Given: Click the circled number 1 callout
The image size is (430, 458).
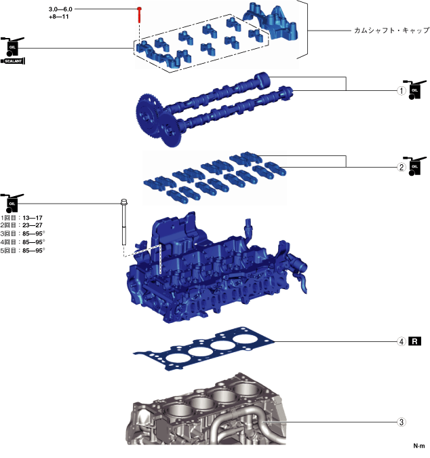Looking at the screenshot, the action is [402, 90].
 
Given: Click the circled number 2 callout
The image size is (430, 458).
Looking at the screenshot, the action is [402, 167].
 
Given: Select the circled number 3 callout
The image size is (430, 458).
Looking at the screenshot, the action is [402, 422].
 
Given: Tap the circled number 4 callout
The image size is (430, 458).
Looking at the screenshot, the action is [402, 341].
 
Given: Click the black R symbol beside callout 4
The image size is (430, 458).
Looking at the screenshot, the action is [416, 341].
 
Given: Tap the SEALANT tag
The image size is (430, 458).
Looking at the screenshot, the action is [14, 61].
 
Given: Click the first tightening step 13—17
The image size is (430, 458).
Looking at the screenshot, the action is [33, 218].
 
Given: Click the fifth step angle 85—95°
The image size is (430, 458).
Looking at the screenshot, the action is [34, 250].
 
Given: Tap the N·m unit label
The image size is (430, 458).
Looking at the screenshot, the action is [418, 446].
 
